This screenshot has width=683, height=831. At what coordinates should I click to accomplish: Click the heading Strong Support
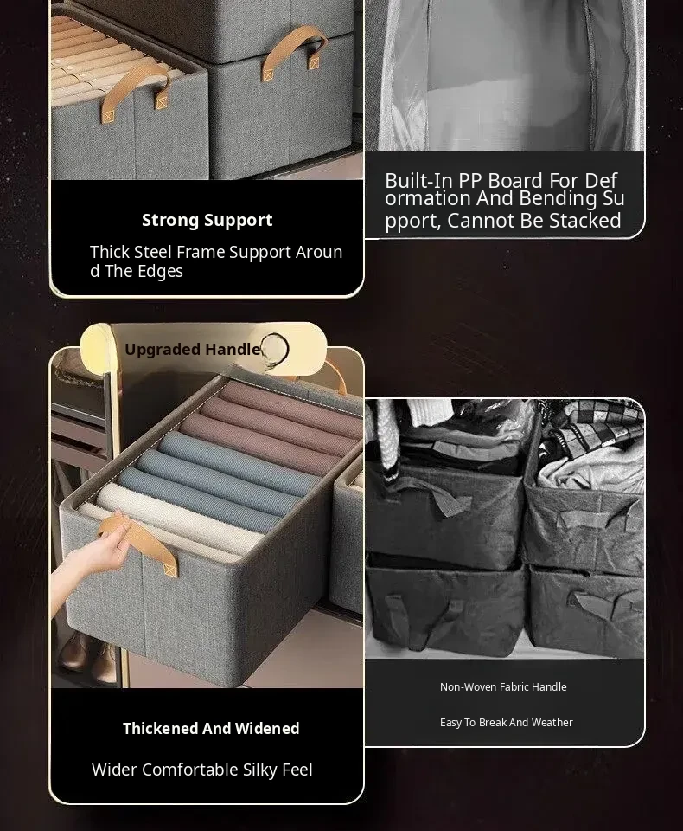tap(207, 220)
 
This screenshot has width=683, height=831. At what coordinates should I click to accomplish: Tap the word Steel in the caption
tap(152, 252)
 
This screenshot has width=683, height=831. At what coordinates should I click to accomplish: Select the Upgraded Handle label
tap(193, 349)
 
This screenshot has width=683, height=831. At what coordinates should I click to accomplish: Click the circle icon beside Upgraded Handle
tap(275, 349)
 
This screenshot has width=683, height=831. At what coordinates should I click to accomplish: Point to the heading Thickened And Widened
tap(211, 728)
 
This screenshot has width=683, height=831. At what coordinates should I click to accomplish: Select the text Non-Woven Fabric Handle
tap(503, 686)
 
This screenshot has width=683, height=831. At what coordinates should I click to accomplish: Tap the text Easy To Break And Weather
tap(506, 722)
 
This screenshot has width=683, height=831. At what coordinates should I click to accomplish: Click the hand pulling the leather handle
tap(90, 551)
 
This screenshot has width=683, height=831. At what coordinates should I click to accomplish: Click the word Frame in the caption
tap(200, 252)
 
